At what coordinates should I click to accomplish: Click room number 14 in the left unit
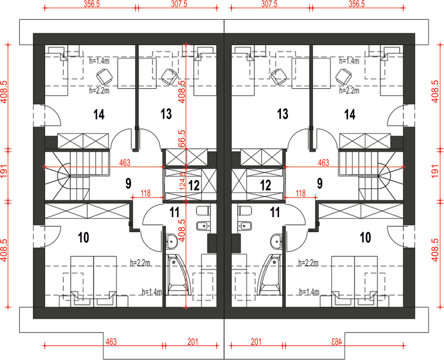99,115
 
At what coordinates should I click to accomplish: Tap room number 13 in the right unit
283,114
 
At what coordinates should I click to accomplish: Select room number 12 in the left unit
194,185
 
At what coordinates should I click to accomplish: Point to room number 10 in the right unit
365,238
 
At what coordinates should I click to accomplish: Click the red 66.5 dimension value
182,139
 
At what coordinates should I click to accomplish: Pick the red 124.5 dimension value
182,181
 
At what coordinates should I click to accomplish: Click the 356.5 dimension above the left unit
91,5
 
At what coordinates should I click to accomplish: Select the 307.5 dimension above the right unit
269,4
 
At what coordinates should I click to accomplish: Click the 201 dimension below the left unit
193,342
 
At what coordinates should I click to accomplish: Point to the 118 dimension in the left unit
145,193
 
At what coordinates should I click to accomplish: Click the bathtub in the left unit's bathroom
178,275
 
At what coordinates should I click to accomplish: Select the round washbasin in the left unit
172,242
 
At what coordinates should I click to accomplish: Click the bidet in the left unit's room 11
203,226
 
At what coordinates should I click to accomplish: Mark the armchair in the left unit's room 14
105,76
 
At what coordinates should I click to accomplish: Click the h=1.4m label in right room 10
309,292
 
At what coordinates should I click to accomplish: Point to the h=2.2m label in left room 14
99,91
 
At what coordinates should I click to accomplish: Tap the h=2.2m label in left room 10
140,263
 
